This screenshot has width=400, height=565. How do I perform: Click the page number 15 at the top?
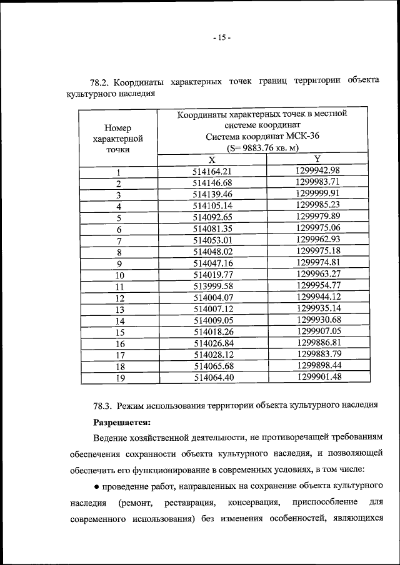pyautogui.click(x=221, y=37)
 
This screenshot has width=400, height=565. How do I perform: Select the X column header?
pyautogui.click(x=212, y=159)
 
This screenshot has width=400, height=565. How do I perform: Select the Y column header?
pyautogui.click(x=317, y=159)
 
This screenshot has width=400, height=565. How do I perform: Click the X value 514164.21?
pyautogui.click(x=212, y=171)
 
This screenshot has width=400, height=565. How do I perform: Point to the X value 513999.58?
pyautogui.click(x=212, y=286)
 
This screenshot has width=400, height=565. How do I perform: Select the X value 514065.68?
pyautogui.click(x=213, y=366)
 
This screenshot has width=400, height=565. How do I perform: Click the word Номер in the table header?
pyautogui.click(x=117, y=127)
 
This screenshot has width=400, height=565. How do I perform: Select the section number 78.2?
pyautogui.click(x=101, y=82)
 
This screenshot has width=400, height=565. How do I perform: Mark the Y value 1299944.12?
pyautogui.click(x=318, y=297)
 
